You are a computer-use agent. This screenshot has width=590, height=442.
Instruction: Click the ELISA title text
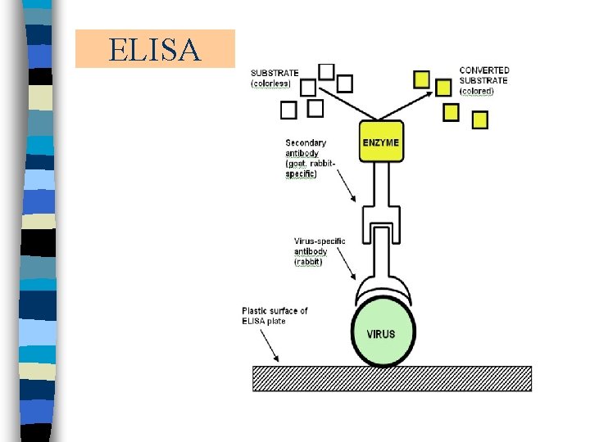point(154,50)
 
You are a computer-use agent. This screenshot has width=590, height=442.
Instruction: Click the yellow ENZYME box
point(381,142)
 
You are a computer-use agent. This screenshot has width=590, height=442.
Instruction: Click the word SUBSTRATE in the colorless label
point(275,73)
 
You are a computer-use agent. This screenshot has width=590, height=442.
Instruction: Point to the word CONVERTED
point(484,70)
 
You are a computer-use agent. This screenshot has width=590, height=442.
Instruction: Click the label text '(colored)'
point(476,91)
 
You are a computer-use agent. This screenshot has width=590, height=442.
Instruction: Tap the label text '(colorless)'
point(271,83)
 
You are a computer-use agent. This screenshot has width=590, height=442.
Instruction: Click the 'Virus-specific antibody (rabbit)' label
point(320,251)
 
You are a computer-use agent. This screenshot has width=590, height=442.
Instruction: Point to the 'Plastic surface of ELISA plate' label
point(275,315)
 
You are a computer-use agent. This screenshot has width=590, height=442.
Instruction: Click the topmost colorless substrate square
point(326,71)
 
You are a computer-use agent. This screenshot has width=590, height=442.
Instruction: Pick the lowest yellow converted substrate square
point(480,120)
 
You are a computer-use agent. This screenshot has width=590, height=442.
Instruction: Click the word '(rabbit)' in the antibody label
point(309,262)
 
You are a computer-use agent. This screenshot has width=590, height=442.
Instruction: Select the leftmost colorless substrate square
point(288,110)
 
